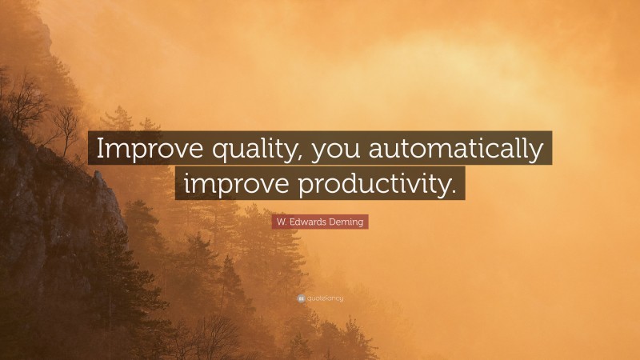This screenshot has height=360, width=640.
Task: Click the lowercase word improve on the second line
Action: pyautogui.click(x=234, y=183)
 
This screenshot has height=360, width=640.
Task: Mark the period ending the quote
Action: pyautogui.click(x=456, y=191)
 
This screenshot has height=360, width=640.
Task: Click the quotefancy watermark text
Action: pyautogui.click(x=325, y=298)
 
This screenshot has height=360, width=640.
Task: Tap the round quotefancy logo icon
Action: pyautogui.click(x=300, y=298)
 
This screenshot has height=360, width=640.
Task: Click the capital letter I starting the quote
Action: pyautogui.click(x=98, y=148)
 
